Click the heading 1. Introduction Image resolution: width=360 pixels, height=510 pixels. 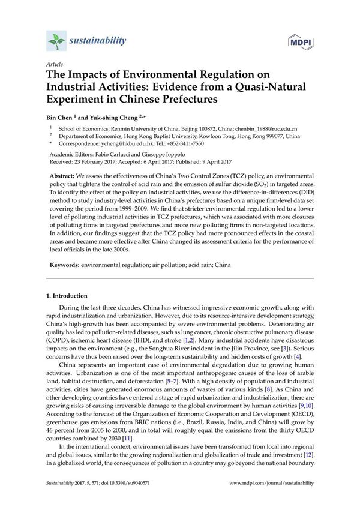[x=67, y=296]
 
